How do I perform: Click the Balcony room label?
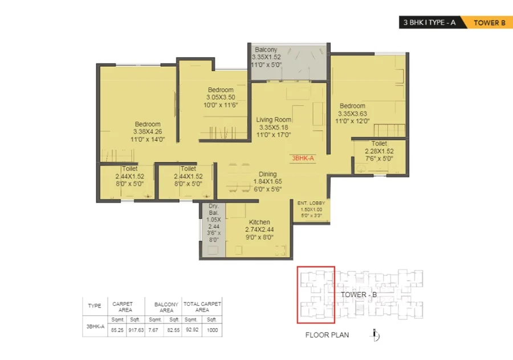(x=266, y=50)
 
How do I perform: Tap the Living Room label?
(x=274, y=120)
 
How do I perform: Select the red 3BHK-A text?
(x=303, y=158)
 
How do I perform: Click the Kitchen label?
(x=259, y=222)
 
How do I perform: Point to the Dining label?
(x=268, y=174)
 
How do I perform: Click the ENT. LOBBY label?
(x=311, y=203)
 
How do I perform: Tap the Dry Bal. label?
(x=214, y=209)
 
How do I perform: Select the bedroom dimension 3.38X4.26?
(x=148, y=132)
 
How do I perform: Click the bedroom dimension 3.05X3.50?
(x=221, y=98)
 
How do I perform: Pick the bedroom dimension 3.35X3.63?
(x=352, y=114)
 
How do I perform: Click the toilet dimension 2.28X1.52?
(x=379, y=151)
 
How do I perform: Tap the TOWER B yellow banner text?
(x=490, y=23)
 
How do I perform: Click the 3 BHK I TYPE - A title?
(x=429, y=23)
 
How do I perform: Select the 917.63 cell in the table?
(x=136, y=330)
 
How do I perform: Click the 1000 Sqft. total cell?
(x=213, y=330)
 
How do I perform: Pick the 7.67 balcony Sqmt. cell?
(x=153, y=330)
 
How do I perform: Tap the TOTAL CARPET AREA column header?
(x=202, y=307)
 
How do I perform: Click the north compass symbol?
(x=376, y=335)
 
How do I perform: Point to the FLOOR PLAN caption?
(x=327, y=335)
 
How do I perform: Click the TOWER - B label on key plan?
(x=359, y=295)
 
